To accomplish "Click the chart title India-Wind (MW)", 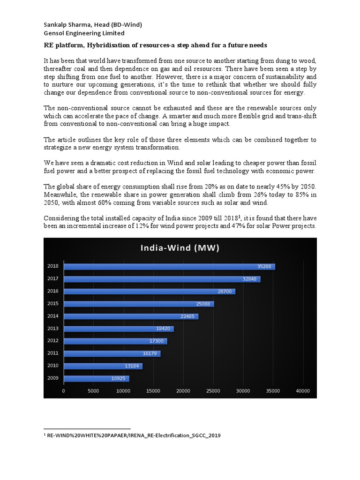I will tap(180, 247).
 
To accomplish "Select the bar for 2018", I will tap(169, 266).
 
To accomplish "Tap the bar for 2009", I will tap(96, 378).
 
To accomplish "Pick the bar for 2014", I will tap(131, 316).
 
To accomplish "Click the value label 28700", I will tap(225, 292).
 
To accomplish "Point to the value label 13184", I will tap(132, 366).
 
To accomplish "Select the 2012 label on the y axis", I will tap(53, 341).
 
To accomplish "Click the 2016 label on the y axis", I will tap(53, 291).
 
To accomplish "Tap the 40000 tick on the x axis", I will tap(303, 390).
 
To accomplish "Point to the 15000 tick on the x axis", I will tap(153, 390).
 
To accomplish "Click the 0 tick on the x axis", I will tap(64, 390).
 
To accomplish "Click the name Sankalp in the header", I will tap(57, 24).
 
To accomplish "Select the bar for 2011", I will tap(112, 353).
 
